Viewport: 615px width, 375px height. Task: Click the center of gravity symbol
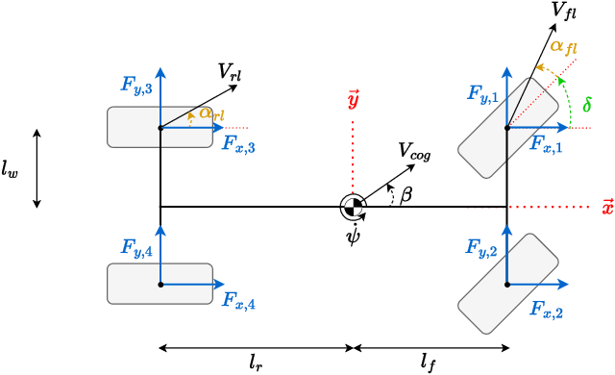pos(353,206)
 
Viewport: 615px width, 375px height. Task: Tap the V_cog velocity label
pos(415,151)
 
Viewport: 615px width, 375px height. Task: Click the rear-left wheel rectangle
pos(160,127)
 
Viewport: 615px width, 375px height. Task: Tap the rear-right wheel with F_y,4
pos(160,284)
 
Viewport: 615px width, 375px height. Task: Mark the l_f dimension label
pos(429,362)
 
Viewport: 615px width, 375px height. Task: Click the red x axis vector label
pos(606,207)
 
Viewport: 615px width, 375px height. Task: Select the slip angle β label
pos(406,195)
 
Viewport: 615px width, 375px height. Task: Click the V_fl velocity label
pos(564,11)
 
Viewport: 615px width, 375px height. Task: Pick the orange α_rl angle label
pos(209,113)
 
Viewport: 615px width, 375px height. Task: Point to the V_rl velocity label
pos(229,71)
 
